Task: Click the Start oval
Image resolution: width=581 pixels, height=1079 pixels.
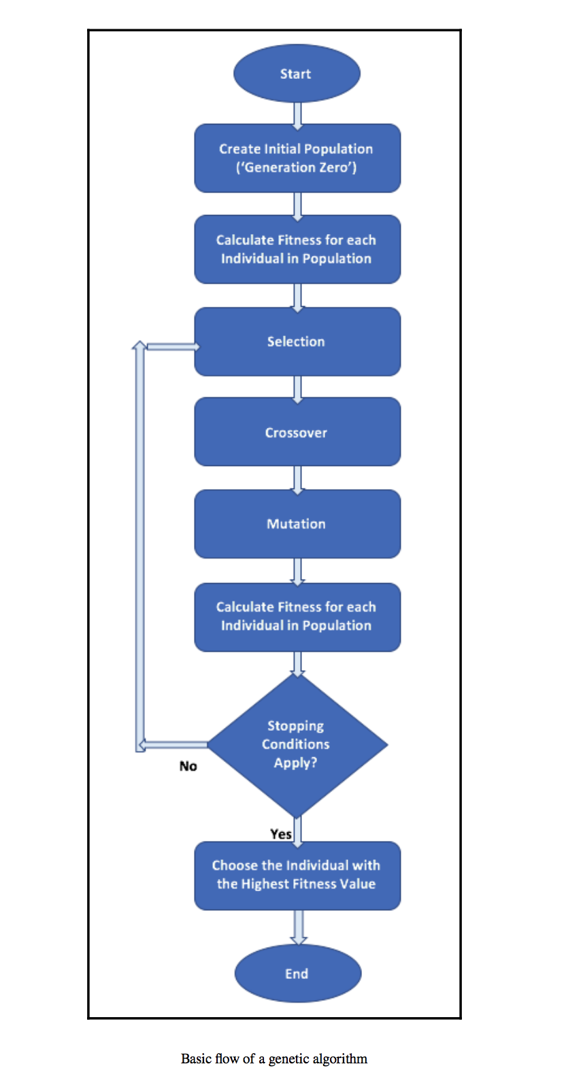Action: [297, 73]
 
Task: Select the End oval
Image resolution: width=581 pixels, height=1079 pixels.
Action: [297, 973]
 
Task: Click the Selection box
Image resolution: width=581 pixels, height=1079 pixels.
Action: [297, 342]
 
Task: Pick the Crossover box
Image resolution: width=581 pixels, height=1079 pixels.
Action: [297, 433]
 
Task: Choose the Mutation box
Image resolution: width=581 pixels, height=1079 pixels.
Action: [297, 524]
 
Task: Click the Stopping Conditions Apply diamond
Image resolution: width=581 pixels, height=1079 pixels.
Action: [297, 744]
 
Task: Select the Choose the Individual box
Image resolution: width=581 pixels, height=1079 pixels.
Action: [297, 875]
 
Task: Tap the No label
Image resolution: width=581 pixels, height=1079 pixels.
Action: [188, 766]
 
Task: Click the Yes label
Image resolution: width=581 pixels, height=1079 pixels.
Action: [280, 834]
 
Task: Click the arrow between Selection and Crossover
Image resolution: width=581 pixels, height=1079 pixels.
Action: [297, 388]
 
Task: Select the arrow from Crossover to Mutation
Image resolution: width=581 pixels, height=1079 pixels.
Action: [297, 479]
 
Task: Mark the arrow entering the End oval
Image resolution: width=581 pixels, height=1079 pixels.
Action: [298, 927]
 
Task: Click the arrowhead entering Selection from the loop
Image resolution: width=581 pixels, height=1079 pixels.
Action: [194, 347]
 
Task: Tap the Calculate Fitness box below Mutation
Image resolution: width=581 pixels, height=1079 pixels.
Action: [297, 616]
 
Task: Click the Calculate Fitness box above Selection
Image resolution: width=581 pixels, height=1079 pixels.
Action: [297, 249]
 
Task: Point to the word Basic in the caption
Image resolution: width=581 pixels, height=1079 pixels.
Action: [196, 1059]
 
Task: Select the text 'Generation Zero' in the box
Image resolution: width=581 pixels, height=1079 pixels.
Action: [297, 167]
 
